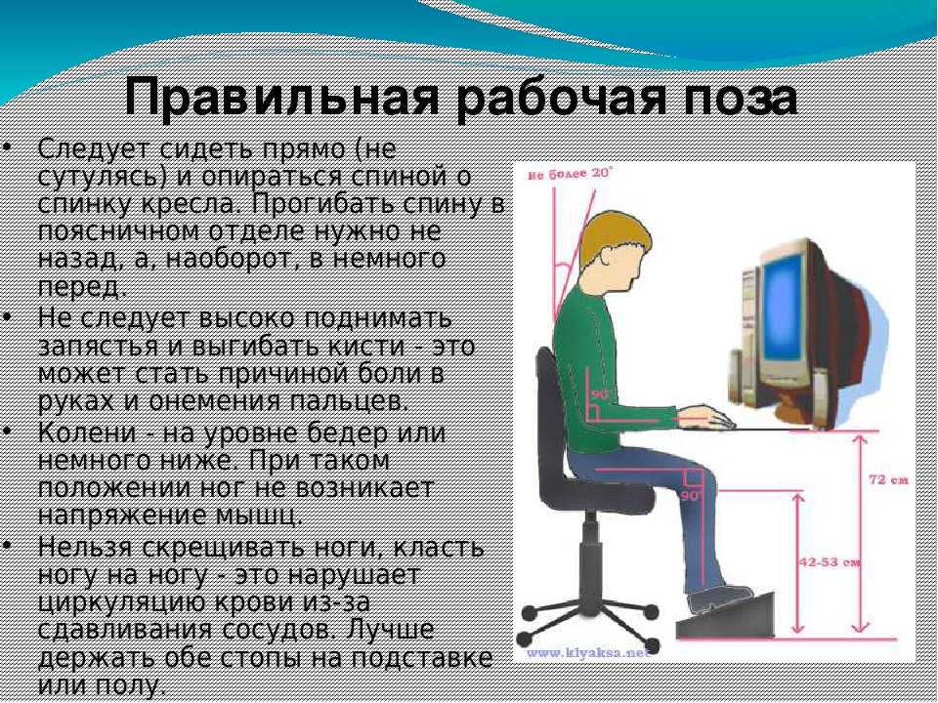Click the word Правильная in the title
point(281,97)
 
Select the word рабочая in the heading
point(561,97)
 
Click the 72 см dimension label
point(888,479)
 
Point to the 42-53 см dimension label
point(831,562)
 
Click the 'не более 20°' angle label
point(570,174)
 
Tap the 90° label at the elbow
point(600,394)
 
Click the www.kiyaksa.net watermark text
point(587,653)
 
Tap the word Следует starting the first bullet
point(97,149)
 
